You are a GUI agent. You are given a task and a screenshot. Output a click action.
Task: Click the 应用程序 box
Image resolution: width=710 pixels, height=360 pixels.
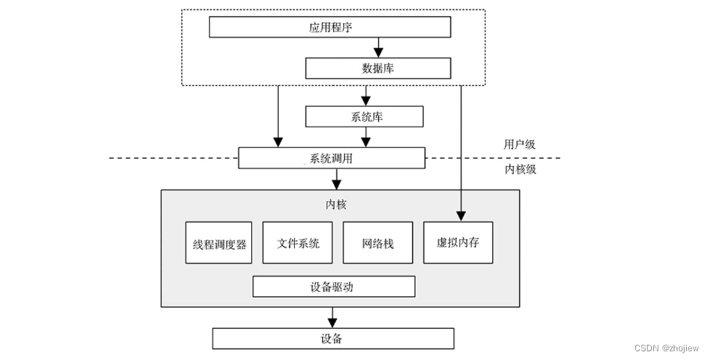click(x=330, y=27)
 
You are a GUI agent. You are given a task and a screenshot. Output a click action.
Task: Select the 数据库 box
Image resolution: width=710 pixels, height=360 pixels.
click(x=378, y=68)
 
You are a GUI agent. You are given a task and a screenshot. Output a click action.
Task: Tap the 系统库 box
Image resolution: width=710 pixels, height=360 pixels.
click(x=363, y=117)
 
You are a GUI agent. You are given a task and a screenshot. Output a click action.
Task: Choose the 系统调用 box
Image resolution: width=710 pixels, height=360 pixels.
click(x=331, y=157)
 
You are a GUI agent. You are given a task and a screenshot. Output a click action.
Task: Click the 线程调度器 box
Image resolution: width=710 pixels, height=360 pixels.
click(x=219, y=242)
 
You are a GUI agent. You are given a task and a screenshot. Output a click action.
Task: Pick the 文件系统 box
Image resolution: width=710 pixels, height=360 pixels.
click(x=297, y=242)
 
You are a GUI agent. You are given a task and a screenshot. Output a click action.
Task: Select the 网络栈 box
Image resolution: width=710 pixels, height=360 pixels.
click(x=378, y=242)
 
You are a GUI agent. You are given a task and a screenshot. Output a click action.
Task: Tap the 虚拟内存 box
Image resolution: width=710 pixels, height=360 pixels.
click(x=457, y=242)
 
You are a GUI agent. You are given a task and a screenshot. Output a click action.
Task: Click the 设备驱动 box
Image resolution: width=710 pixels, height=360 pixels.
click(x=333, y=286)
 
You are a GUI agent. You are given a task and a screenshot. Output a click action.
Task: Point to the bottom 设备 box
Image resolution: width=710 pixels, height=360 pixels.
click(x=332, y=338)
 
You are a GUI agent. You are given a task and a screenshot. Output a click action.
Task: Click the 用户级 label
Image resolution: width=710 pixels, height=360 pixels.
click(x=519, y=144)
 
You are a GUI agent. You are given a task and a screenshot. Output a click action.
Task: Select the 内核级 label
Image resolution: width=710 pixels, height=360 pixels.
click(x=519, y=169)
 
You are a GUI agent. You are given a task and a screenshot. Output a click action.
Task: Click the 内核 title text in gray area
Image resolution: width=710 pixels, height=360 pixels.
click(x=337, y=205)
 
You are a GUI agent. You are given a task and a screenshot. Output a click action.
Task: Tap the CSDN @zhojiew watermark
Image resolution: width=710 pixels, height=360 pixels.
click(x=666, y=348)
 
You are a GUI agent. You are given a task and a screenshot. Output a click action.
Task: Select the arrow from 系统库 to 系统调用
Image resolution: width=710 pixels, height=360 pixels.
click(x=366, y=137)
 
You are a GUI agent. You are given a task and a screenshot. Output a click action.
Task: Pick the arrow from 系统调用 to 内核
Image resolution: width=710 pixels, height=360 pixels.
click(x=336, y=179)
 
